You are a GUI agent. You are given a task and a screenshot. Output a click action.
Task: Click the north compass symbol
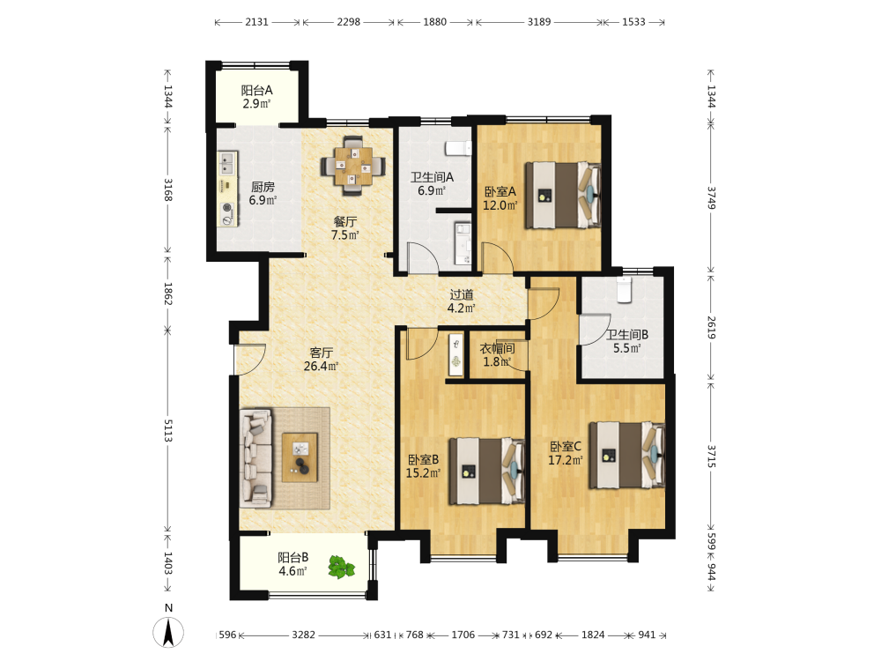(168, 632)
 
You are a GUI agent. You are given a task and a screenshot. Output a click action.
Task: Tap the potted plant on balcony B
(342, 567)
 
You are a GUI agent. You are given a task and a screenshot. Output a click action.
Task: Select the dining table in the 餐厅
(353, 166)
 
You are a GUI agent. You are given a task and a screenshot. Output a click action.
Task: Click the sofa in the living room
(256, 458)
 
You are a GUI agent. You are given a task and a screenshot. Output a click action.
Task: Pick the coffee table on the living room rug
(300, 457)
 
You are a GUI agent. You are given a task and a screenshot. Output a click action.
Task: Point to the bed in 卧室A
(562, 195)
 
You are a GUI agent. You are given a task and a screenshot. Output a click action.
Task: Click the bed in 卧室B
(486, 471)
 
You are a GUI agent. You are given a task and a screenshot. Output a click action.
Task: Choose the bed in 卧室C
(626, 456)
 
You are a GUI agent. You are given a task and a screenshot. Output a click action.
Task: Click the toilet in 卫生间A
(458, 148)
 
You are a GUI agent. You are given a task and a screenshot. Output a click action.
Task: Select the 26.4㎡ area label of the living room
(321, 367)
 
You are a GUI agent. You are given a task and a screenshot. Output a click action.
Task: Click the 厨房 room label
(263, 187)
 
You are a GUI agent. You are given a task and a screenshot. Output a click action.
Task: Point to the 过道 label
(462, 294)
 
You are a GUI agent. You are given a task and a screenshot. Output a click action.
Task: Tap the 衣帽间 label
(497, 348)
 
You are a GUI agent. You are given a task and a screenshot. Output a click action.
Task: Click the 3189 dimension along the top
(539, 22)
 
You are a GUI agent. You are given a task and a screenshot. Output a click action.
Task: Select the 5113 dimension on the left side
(168, 430)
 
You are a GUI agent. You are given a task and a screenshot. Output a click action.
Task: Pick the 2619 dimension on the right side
(711, 327)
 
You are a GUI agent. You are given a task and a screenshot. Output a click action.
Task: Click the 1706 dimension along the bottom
(463, 635)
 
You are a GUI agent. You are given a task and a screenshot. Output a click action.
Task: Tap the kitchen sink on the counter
(227, 163)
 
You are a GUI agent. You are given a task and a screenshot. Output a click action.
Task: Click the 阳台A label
(256, 90)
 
